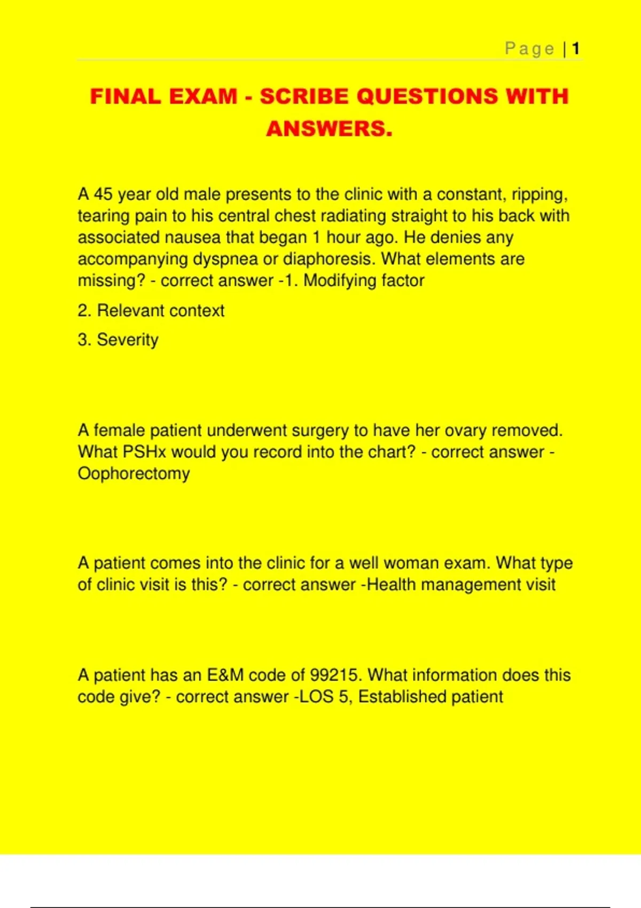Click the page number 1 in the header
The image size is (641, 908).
click(x=576, y=49)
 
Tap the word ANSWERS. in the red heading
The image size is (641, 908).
click(x=329, y=129)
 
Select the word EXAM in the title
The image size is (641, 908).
click(x=204, y=97)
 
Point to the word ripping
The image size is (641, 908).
click(x=540, y=194)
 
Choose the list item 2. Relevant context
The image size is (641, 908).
click(x=151, y=310)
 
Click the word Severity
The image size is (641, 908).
click(x=128, y=340)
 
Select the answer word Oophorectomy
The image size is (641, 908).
click(x=134, y=474)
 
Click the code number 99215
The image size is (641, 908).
click(x=336, y=675)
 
